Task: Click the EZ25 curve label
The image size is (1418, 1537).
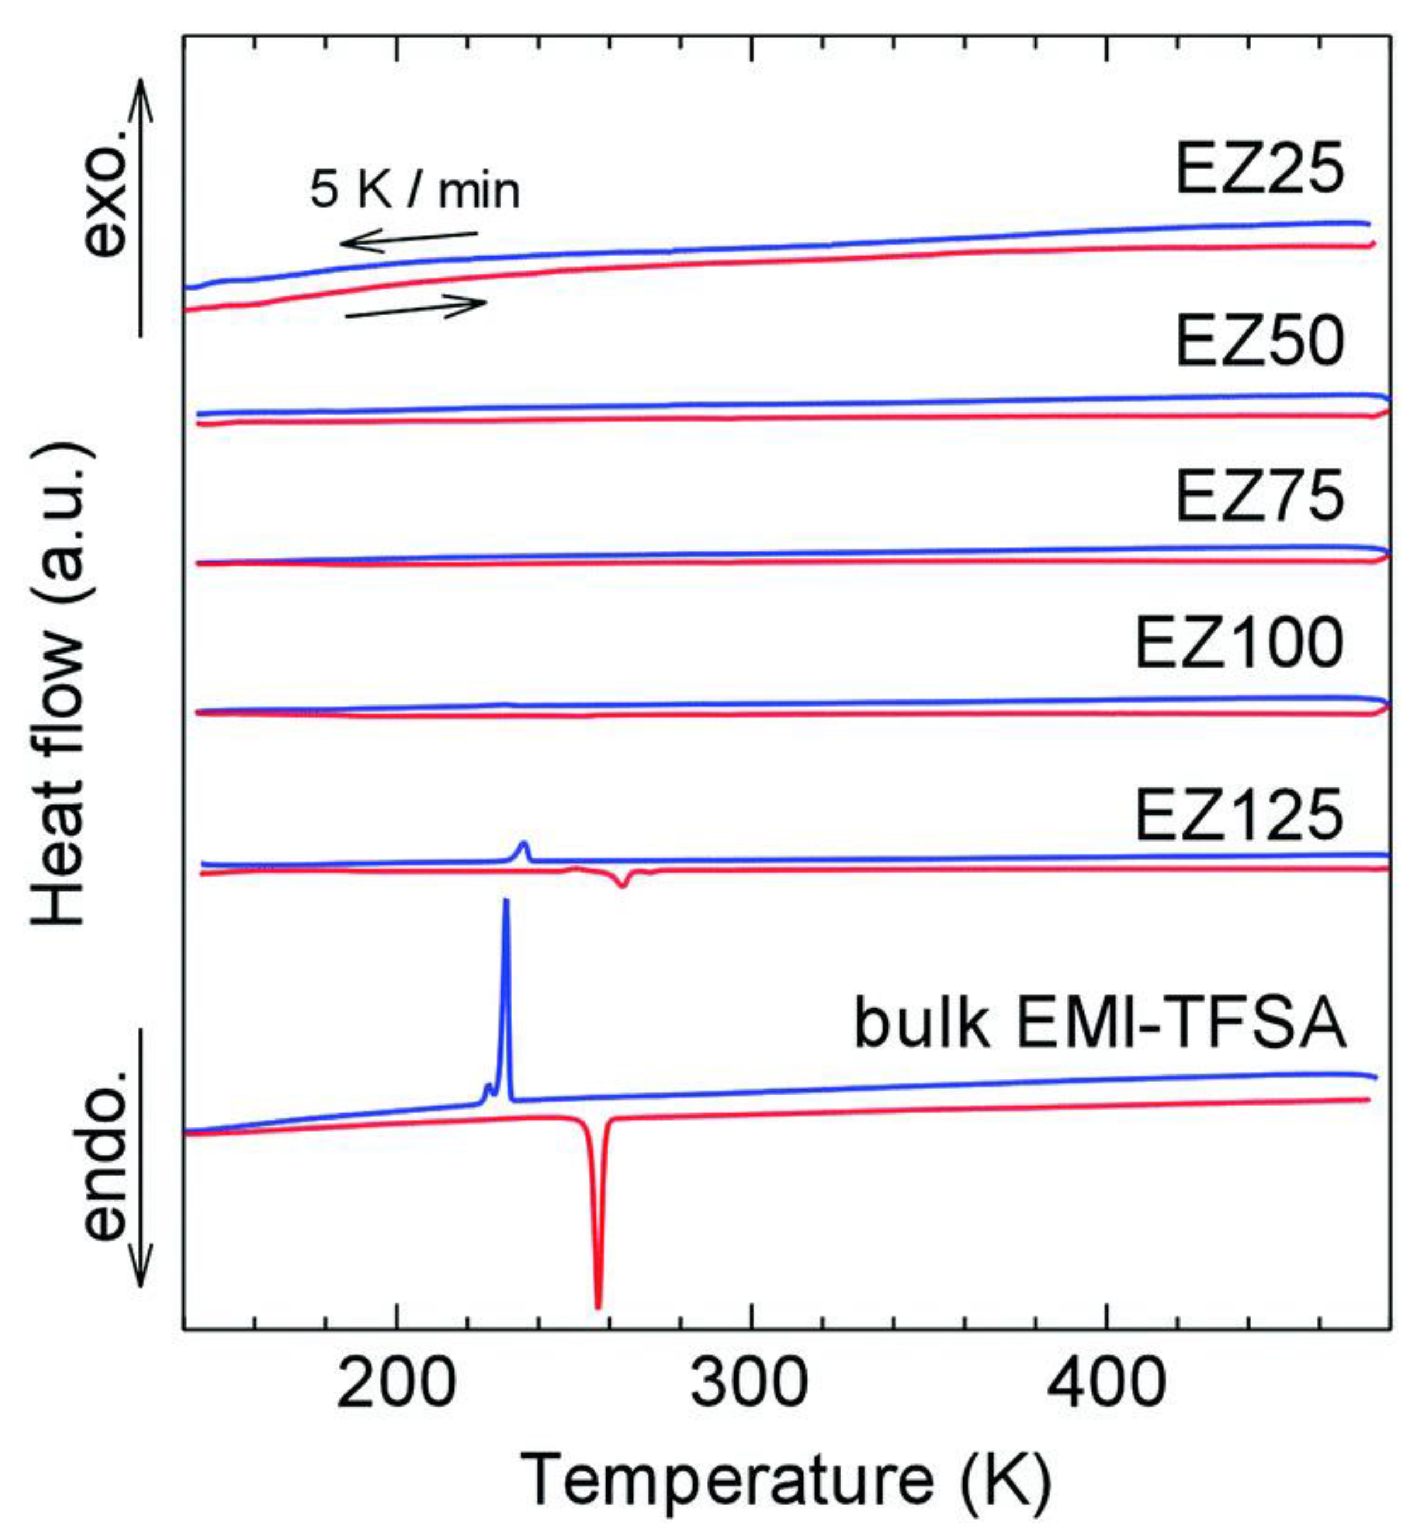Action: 1259,169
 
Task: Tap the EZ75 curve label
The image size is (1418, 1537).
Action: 1259,497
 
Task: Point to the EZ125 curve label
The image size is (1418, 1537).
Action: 1239,816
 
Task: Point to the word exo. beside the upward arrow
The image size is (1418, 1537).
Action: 106,201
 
